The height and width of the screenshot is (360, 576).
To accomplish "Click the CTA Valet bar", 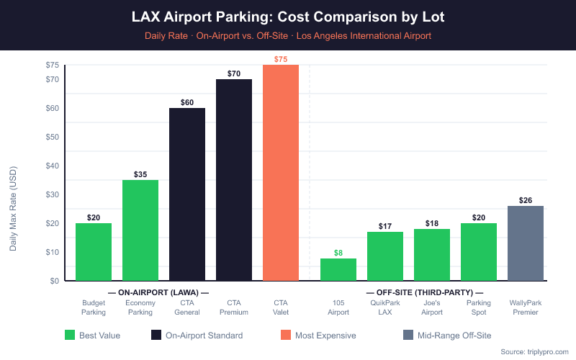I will [281, 173].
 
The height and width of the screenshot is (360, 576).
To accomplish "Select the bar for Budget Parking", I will [94, 252].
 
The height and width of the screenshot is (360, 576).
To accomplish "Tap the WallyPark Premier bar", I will [526, 243].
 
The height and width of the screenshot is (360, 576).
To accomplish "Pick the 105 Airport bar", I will [338, 269].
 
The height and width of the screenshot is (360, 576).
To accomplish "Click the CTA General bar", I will [187, 194].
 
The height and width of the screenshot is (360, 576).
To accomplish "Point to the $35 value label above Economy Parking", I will [140, 174].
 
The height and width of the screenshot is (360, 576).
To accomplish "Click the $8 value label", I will [338, 253].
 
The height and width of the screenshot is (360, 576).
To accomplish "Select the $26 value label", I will [526, 200].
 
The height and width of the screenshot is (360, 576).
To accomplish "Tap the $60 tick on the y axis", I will [53, 108].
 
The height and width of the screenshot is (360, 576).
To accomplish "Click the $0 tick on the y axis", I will [55, 281].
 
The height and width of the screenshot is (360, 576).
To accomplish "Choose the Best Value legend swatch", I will [70, 335].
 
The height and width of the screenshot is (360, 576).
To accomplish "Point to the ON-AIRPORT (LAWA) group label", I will [158, 292].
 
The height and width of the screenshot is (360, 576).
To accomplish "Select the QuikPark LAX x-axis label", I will [385, 307].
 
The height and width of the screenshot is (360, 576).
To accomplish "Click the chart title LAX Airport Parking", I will [288, 16].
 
